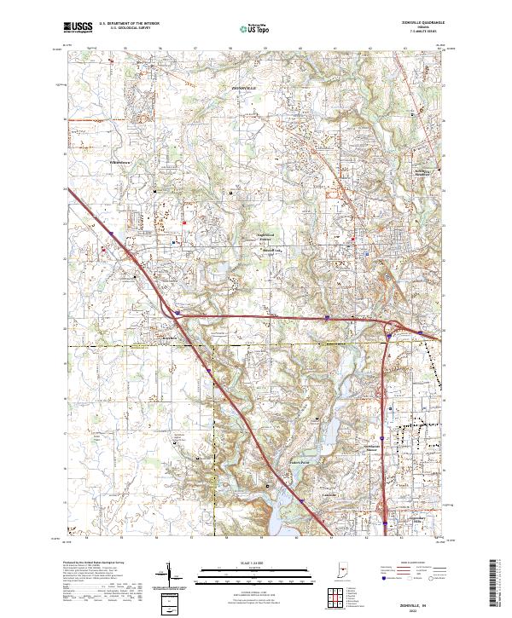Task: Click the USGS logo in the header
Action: point(79,27)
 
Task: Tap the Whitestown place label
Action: point(122,160)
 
